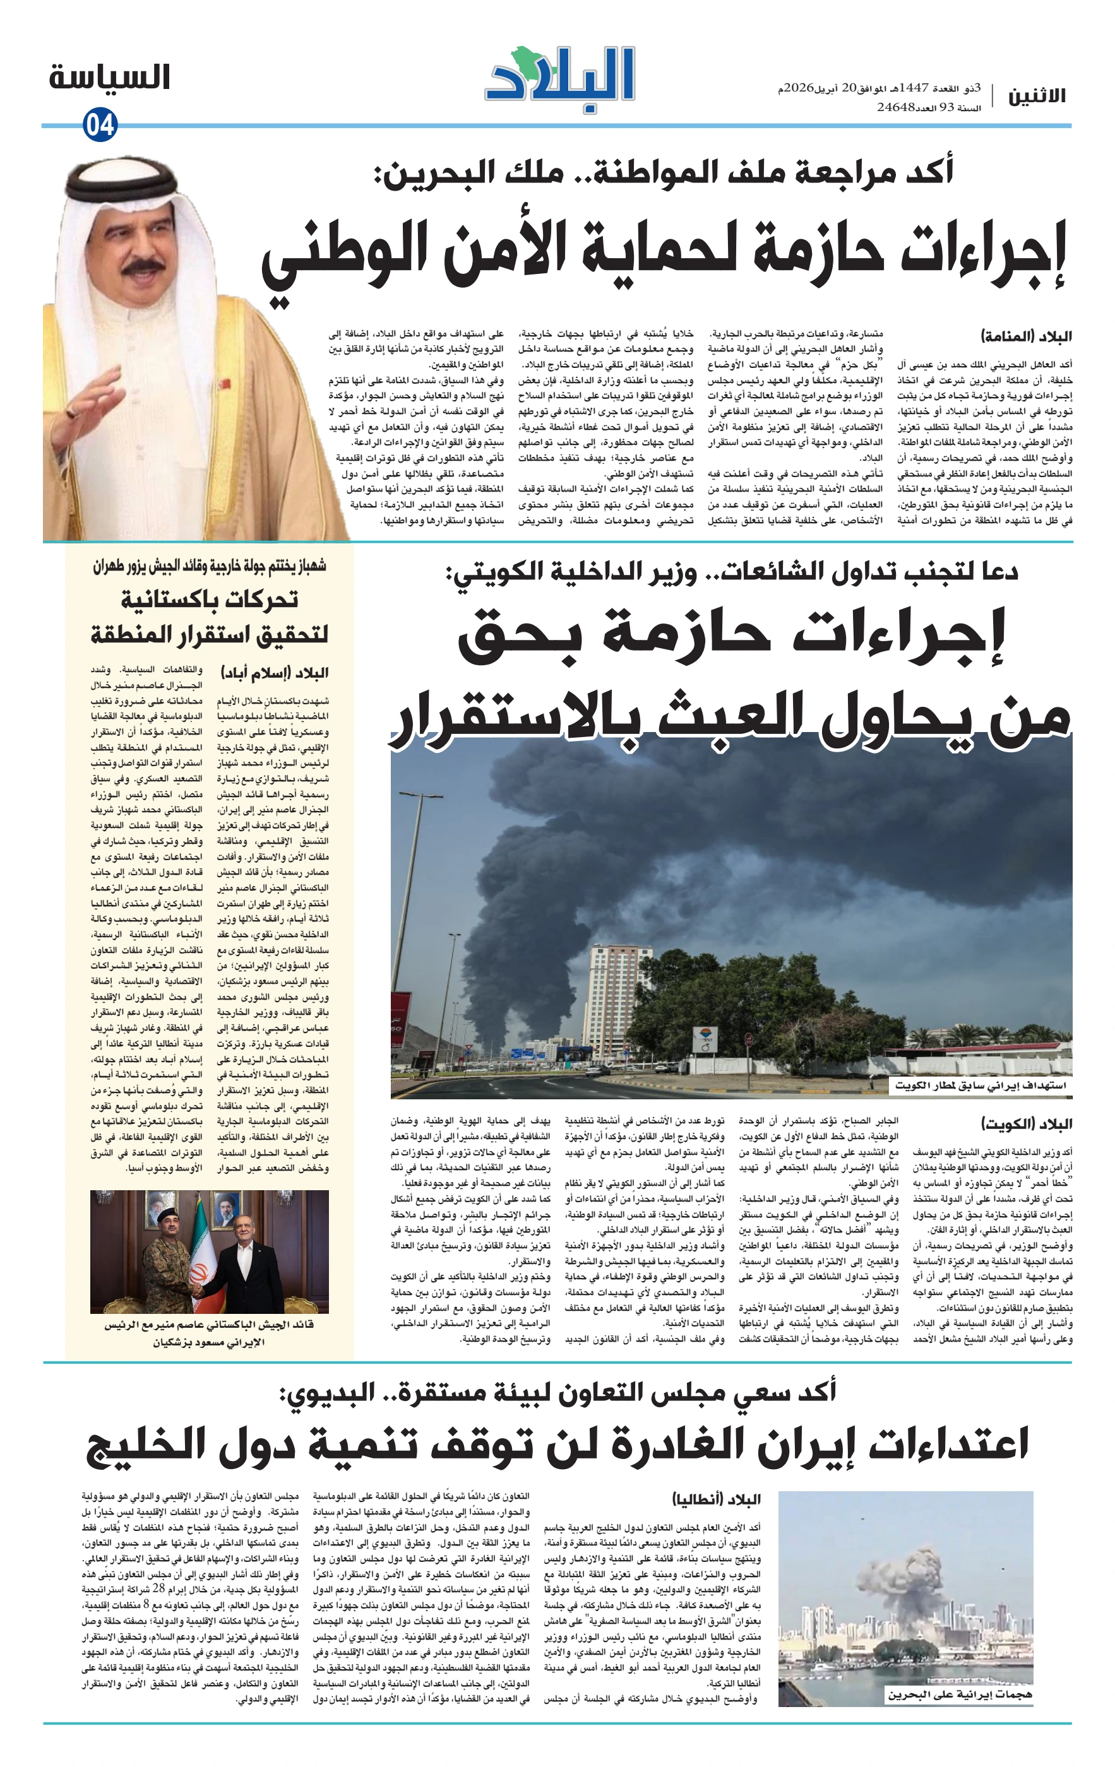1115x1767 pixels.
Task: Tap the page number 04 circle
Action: (x=100, y=126)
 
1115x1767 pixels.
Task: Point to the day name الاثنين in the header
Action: (x=1035, y=96)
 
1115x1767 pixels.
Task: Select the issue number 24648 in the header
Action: (x=895, y=107)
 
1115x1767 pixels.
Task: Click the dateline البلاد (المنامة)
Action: (x=1026, y=337)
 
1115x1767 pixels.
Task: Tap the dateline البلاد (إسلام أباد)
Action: (x=275, y=672)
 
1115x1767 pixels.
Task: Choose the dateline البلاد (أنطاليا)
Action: (x=717, y=1499)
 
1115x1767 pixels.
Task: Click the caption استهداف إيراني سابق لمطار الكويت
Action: (x=980, y=1085)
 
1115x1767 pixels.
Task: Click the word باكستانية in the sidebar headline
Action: (x=209, y=600)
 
